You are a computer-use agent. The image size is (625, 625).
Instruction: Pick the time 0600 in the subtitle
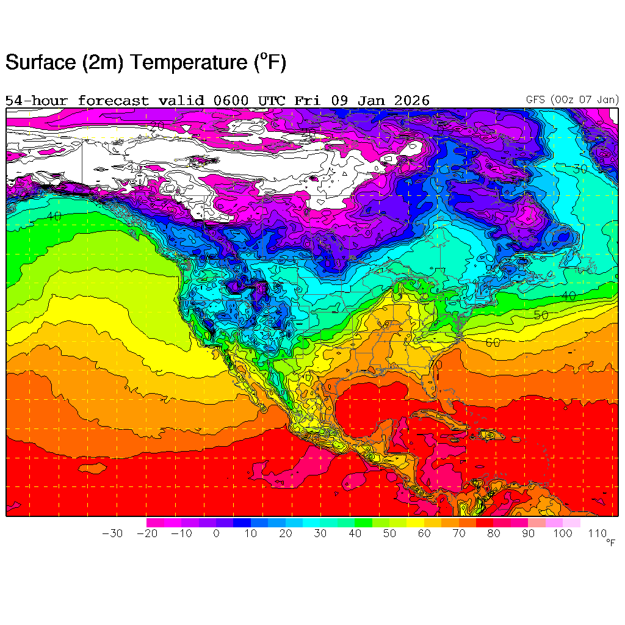pos(230,101)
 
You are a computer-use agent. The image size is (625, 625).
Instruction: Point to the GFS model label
pos(536,99)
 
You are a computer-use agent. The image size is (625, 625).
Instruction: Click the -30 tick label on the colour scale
pos(112,533)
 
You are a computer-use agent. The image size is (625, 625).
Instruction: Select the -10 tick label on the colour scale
pos(181,533)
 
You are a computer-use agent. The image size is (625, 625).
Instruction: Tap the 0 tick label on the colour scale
pos(216,533)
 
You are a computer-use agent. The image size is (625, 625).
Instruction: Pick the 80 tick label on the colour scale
pos(494,533)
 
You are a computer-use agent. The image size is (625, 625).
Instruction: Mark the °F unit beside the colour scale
pos(610,542)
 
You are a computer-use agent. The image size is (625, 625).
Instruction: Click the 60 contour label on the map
pos(493,342)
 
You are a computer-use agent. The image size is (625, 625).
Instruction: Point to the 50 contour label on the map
pos(541,315)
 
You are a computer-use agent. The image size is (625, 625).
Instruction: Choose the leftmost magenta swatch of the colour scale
pos(155,522)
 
